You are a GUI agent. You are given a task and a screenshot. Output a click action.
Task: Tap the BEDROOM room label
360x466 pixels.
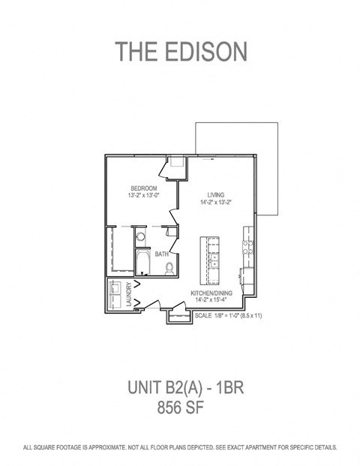point(143,188)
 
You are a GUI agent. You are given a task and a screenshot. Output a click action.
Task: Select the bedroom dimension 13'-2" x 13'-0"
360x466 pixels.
point(143,195)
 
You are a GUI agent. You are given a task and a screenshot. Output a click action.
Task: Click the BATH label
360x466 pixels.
point(161,254)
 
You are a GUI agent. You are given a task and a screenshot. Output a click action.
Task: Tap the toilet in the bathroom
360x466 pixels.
point(169,267)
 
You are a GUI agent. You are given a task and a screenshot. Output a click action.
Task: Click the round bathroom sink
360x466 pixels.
point(140,237)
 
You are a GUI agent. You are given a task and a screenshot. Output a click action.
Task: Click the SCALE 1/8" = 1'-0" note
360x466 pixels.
point(233,316)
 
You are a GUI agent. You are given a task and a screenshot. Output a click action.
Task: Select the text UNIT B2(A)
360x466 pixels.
point(159,389)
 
